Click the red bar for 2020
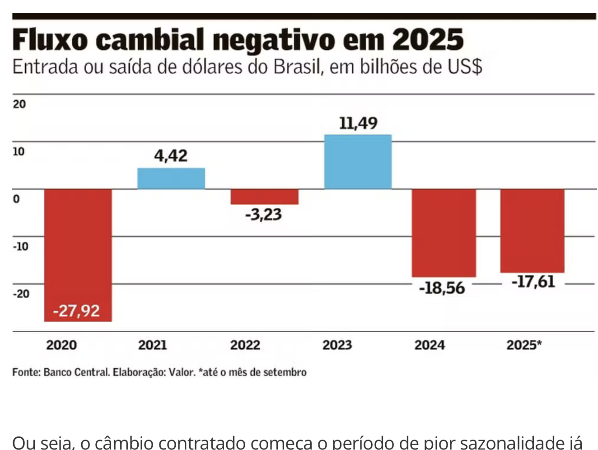click(78, 244)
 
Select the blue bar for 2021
click(171, 178)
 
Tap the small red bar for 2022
click(264, 197)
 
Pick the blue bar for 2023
click(358, 162)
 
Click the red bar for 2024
click(444, 233)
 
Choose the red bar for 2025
click(532, 230)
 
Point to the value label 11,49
click(358, 123)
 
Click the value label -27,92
click(76, 311)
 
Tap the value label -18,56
click(442, 288)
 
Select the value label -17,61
click(533, 282)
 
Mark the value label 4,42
click(171, 156)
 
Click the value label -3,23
click(263, 214)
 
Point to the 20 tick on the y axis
click(19, 104)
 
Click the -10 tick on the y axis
click(20, 247)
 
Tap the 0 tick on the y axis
click(16, 199)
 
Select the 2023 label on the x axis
click(337, 345)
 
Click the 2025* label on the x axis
click(524, 345)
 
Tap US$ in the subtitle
click(465, 67)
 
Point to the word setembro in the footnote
click(285, 372)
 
